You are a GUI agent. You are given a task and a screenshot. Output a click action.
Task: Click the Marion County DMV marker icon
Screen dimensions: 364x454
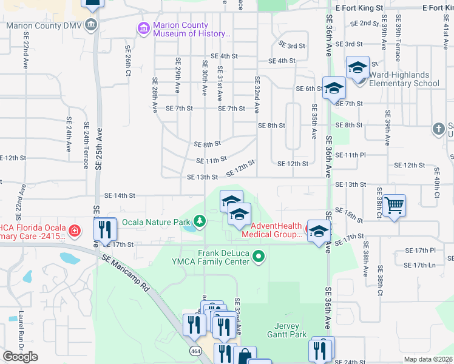click(91, 25)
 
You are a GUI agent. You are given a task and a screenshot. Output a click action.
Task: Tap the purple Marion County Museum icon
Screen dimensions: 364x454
click(143, 29)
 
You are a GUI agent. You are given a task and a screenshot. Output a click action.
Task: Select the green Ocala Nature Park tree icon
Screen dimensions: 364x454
click(198, 221)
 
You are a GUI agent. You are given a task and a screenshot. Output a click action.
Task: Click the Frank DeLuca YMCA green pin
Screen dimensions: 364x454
click(259, 257)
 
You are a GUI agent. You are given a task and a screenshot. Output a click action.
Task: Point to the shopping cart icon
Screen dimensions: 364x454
click(395, 206)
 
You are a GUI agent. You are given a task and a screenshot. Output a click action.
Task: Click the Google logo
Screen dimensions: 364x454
click(21, 357)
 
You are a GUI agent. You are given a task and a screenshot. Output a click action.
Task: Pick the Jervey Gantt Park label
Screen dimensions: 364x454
click(286, 330)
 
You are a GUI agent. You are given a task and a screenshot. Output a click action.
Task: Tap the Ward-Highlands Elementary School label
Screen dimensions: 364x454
click(404, 79)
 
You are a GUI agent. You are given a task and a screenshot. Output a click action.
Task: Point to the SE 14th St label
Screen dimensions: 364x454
click(119, 195)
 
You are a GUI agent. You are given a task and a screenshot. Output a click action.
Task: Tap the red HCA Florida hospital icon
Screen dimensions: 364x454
click(74, 231)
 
